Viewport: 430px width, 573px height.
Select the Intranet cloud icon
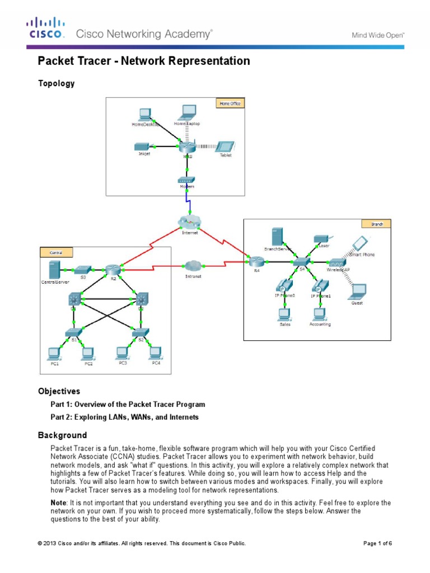192,265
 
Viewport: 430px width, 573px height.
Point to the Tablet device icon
225,146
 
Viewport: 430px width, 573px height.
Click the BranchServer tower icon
275,237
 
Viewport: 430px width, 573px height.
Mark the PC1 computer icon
54,353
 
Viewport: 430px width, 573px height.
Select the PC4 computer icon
156,353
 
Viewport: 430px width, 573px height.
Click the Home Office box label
230,104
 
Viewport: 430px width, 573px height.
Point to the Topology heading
56,83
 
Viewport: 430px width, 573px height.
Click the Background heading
62,435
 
